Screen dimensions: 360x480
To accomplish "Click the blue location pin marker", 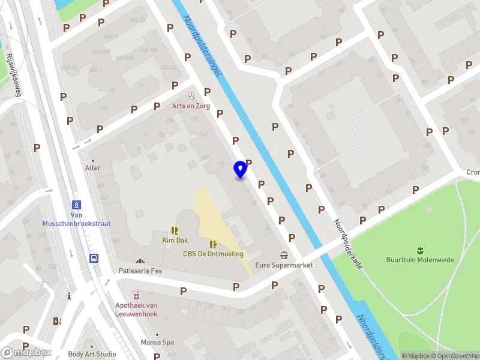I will click(x=241, y=169).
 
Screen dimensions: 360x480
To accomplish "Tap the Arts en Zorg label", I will click(x=192, y=106).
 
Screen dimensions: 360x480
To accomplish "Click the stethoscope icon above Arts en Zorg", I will click(x=192, y=95).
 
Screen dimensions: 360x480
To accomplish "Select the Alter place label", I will click(x=92, y=168).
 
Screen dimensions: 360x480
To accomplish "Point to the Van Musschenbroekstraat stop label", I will click(x=76, y=219).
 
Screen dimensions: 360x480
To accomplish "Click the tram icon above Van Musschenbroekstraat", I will click(x=76, y=205).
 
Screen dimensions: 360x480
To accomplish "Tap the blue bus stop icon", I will click(x=94, y=259).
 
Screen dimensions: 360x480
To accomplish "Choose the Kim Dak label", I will click(x=174, y=240).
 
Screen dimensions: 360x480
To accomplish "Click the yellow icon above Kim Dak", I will click(x=174, y=230).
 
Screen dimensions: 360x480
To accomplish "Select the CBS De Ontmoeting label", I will click(x=213, y=254).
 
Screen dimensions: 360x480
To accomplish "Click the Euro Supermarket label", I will click(x=284, y=265).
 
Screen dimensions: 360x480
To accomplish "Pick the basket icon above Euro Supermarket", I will click(x=284, y=255).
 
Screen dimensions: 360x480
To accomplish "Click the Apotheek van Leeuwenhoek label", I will click(x=137, y=308).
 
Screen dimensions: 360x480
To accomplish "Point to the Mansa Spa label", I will click(x=157, y=343).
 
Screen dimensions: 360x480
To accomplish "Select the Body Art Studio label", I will click(x=92, y=354).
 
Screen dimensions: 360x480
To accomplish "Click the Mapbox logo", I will click(x=26, y=353).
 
